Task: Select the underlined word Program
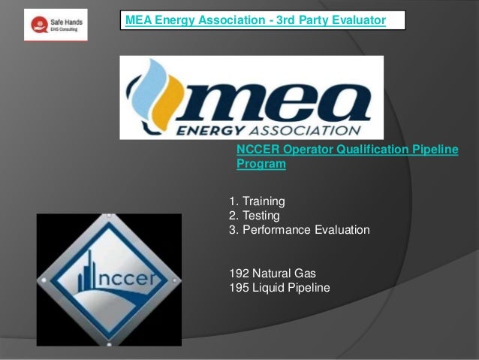(261, 165)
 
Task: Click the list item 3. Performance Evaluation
(298, 229)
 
